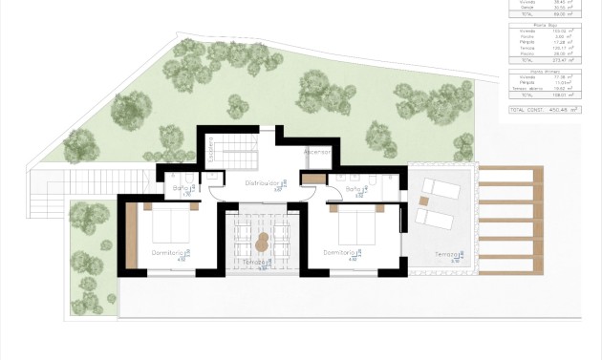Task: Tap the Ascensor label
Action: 316,152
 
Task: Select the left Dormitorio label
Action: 168,252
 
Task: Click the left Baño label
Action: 181,188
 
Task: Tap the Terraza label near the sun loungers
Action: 447,254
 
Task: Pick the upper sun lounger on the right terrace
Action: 441,188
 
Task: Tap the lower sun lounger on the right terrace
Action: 437,218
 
